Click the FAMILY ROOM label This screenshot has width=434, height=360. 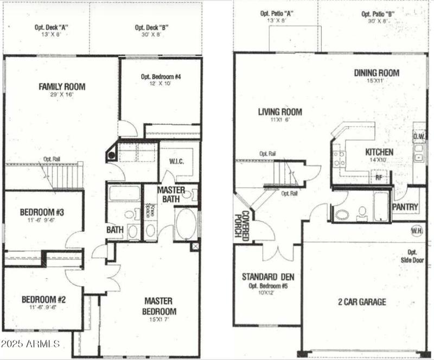61,86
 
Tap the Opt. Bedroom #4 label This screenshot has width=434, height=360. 161,77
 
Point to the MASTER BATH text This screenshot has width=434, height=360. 171,195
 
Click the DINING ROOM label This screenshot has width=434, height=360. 376,73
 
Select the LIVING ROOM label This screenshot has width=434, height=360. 280,112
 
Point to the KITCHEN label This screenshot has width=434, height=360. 379,152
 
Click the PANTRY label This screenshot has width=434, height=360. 405,207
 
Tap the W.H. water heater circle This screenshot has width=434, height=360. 417,231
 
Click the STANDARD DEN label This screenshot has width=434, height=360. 267,276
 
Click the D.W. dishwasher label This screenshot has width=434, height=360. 419,136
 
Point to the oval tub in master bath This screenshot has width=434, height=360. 186,224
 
